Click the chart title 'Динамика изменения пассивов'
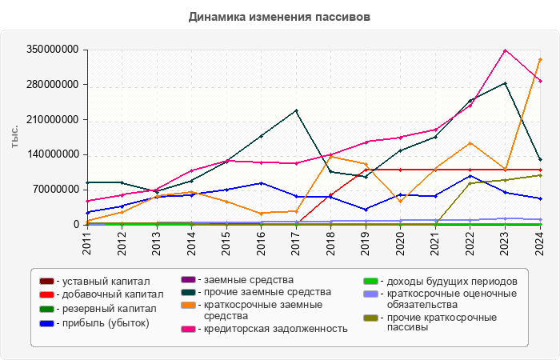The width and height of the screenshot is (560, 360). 280,17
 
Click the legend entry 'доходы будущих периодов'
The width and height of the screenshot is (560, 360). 446,282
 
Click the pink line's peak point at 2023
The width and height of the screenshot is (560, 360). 505,50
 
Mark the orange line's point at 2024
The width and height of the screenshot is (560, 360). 540,59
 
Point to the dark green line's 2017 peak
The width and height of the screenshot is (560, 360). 296,110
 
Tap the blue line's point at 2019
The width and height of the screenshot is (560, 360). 366,210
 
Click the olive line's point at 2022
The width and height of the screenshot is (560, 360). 470,183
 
